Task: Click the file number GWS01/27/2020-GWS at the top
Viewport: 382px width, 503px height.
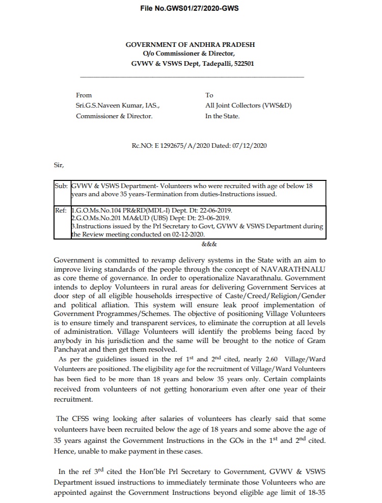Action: pos(190,9)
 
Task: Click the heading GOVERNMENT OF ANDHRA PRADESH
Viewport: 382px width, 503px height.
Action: pos(190,45)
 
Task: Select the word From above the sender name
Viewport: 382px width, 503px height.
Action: pos(84,95)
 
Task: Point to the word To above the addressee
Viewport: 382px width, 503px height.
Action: pos(209,95)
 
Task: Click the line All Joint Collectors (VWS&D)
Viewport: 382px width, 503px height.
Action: pos(248,105)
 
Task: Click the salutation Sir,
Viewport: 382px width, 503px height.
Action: pos(60,165)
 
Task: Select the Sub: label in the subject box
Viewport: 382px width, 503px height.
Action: pos(61,186)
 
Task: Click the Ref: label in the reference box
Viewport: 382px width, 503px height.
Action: pos(61,210)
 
